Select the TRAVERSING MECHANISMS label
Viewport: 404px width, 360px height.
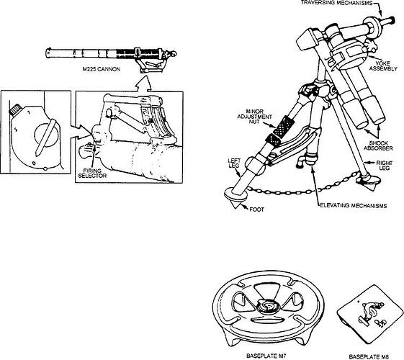click(336, 4)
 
